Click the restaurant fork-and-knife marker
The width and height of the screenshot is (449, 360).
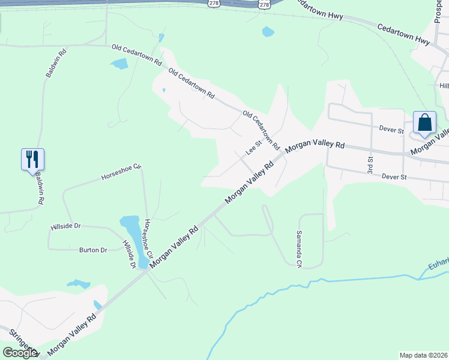32,159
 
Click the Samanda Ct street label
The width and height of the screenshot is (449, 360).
299,250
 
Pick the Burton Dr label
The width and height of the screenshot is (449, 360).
93,250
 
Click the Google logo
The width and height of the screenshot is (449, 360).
20,353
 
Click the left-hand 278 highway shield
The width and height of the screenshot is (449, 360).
214,4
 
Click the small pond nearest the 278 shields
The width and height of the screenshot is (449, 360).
268,32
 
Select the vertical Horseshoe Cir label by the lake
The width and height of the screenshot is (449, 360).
148,238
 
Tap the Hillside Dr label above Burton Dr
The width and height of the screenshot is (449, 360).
66,226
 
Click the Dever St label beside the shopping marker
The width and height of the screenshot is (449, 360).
392,128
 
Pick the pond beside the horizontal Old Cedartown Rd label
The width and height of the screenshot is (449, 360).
119,64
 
